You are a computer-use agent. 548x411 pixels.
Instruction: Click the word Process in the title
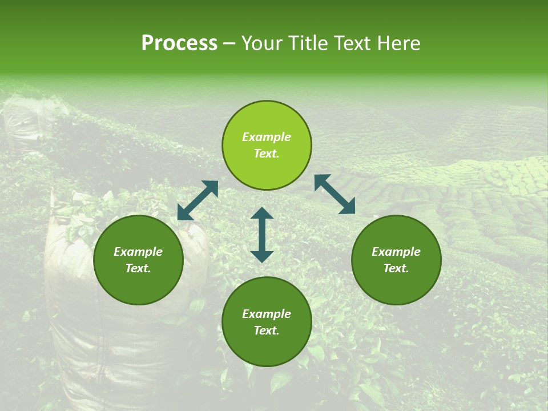[179, 43]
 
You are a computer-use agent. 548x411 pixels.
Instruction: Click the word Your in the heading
[262, 43]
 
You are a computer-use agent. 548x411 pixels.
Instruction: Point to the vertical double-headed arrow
[262, 235]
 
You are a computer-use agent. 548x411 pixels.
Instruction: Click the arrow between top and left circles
[198, 200]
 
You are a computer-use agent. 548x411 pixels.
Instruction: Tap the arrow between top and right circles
[335, 194]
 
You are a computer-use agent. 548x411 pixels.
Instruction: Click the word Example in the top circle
[267, 137]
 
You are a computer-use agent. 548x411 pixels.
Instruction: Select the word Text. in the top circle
[267, 154]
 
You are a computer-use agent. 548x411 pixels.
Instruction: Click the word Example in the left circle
[138, 252]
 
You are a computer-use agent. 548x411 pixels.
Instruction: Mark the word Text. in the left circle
[138, 268]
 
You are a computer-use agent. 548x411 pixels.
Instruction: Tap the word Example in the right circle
[396, 252]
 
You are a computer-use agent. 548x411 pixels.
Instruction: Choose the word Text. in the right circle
[396, 268]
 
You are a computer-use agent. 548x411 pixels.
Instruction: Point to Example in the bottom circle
[267, 314]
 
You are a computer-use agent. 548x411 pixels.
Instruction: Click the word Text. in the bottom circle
[267, 331]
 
